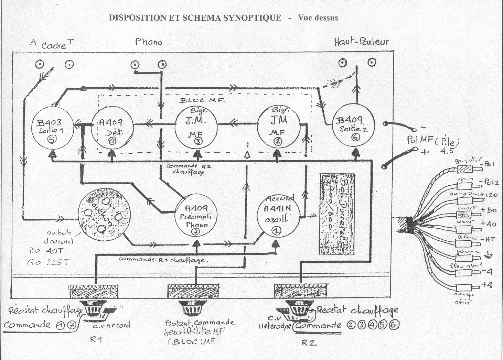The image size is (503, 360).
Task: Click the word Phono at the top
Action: [148, 42]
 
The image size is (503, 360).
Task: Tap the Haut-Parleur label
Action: [361, 42]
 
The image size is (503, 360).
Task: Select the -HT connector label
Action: [489, 239]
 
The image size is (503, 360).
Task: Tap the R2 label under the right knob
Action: [309, 342]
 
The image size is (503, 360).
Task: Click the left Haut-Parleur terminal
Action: [342, 63]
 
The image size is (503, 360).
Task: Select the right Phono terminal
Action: [162, 65]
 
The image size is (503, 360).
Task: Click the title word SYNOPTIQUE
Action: [252, 18]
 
